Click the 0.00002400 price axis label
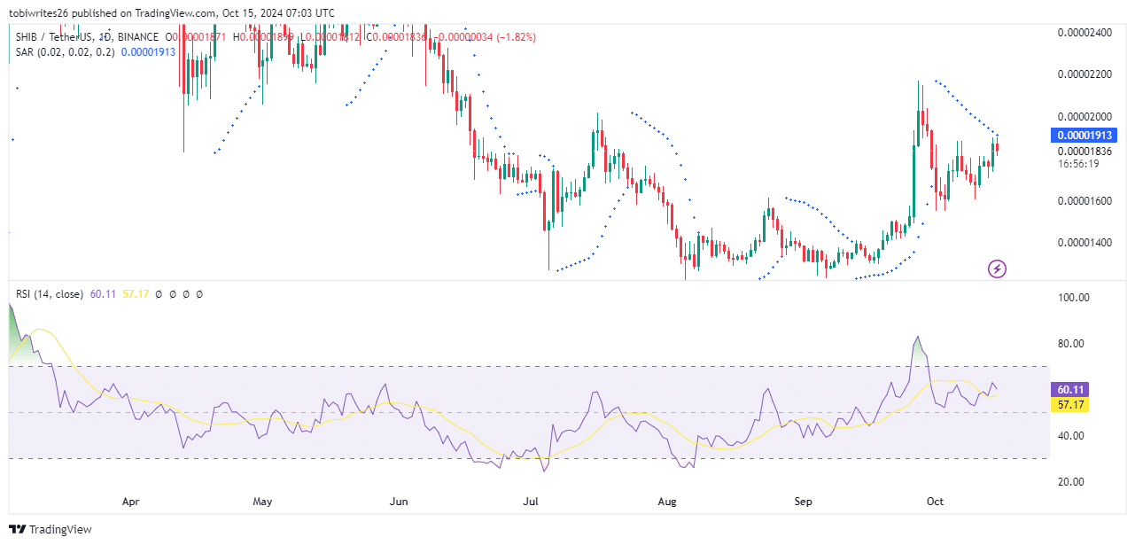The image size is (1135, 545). click(1084, 33)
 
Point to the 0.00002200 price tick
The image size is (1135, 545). click(1084, 74)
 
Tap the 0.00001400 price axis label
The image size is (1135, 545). click(1084, 243)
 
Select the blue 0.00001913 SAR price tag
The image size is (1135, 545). click(1084, 136)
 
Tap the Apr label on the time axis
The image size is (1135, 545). click(130, 502)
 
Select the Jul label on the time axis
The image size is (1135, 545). click(531, 502)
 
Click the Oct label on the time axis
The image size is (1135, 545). click(935, 502)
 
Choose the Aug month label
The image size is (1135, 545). click(667, 502)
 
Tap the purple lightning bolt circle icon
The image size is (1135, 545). click(997, 268)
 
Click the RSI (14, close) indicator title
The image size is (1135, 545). click(50, 293)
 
